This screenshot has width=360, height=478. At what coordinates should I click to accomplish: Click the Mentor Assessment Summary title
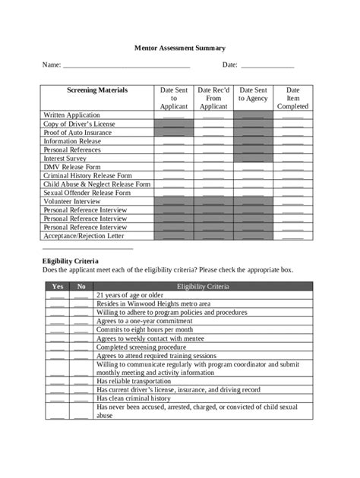180,47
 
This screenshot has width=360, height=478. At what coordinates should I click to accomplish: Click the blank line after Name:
126,67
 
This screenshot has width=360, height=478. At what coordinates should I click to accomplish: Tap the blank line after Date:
267,67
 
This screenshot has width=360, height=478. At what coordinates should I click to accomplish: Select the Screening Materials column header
97,90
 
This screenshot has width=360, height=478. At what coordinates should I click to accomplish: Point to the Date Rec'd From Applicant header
213,98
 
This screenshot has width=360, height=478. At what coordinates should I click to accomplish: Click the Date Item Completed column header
292,98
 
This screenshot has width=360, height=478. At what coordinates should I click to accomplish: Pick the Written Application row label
73,115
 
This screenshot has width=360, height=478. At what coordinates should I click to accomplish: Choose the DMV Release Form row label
73,166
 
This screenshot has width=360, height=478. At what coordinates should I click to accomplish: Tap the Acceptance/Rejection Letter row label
84,235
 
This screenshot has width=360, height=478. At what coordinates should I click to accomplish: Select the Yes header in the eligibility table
57,286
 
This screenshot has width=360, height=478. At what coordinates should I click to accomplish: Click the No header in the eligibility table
81,286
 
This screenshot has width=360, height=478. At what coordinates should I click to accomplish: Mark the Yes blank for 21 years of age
57,295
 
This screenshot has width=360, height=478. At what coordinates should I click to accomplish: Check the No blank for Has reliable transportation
81,381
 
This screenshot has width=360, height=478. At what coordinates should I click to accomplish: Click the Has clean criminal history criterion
134,398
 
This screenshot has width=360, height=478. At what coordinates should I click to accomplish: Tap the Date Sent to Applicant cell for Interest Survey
173,158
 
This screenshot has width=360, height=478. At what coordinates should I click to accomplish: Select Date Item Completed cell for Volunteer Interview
292,201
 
